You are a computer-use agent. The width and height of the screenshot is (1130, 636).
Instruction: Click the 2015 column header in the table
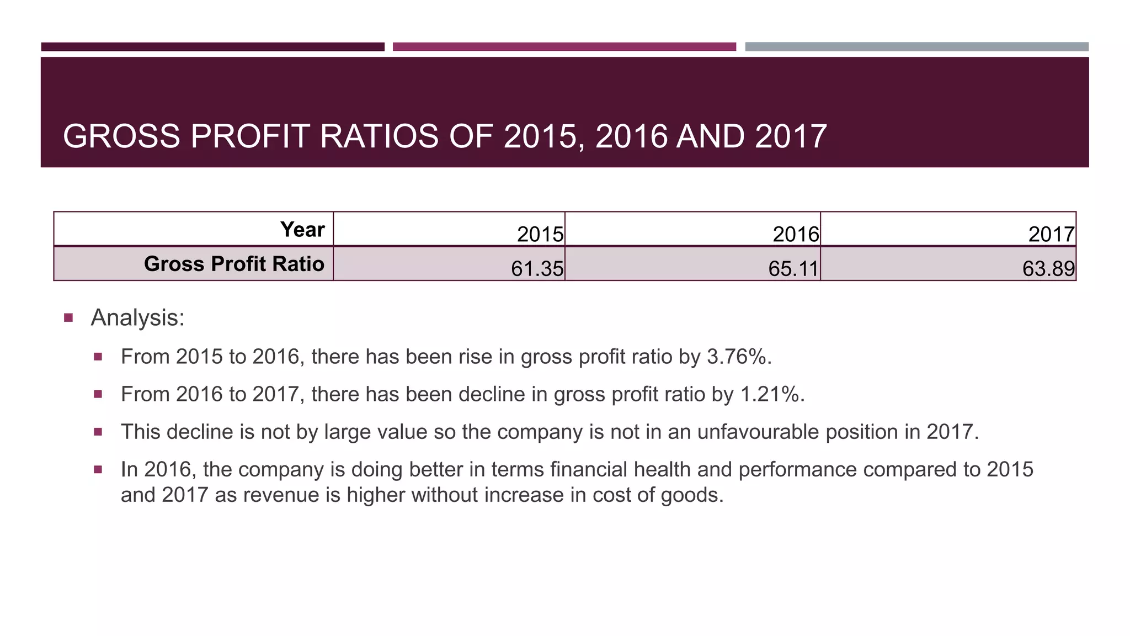tap(540, 235)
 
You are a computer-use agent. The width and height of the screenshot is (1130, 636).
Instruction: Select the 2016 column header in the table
tap(795, 235)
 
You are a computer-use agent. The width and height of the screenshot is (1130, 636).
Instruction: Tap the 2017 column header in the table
tap(1051, 235)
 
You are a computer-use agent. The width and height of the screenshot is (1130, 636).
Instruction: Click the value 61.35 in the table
tap(537, 269)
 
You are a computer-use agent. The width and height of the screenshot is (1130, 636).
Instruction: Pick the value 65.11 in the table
tap(793, 269)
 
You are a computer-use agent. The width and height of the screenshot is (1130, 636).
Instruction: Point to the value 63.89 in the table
tap(1048, 269)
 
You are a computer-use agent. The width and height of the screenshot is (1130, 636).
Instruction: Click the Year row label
tap(302, 230)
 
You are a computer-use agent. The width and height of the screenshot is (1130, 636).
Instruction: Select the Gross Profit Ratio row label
tap(234, 264)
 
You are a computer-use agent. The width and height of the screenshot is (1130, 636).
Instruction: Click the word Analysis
tap(137, 318)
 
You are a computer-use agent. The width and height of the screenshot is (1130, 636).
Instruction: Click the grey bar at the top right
tap(916, 47)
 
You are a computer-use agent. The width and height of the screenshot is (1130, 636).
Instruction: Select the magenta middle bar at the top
tap(564, 47)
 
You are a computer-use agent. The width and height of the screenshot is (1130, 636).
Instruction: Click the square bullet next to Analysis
tap(68, 318)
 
